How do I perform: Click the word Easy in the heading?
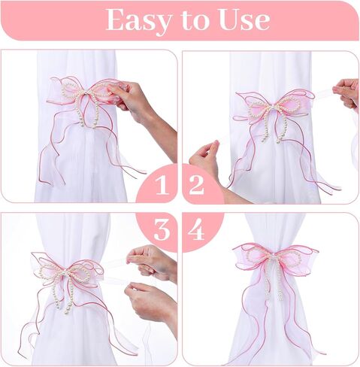pyautogui.click(x=139, y=21)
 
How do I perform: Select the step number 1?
pyautogui.click(x=162, y=185)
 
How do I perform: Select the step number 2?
pyautogui.click(x=196, y=185)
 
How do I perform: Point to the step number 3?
pyautogui.click(x=162, y=230)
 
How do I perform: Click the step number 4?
pyautogui.click(x=196, y=229)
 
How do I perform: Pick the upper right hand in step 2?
pyautogui.click(x=346, y=93)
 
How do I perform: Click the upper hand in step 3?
pyautogui.click(x=151, y=261)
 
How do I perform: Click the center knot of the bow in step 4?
pyautogui.click(x=275, y=257)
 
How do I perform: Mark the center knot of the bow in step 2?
pyautogui.click(x=271, y=107)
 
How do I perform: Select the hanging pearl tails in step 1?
pyautogui.click(x=88, y=112)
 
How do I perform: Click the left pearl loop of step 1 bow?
pyautogui.click(x=73, y=91)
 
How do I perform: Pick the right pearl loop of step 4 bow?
pyautogui.click(x=290, y=258)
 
